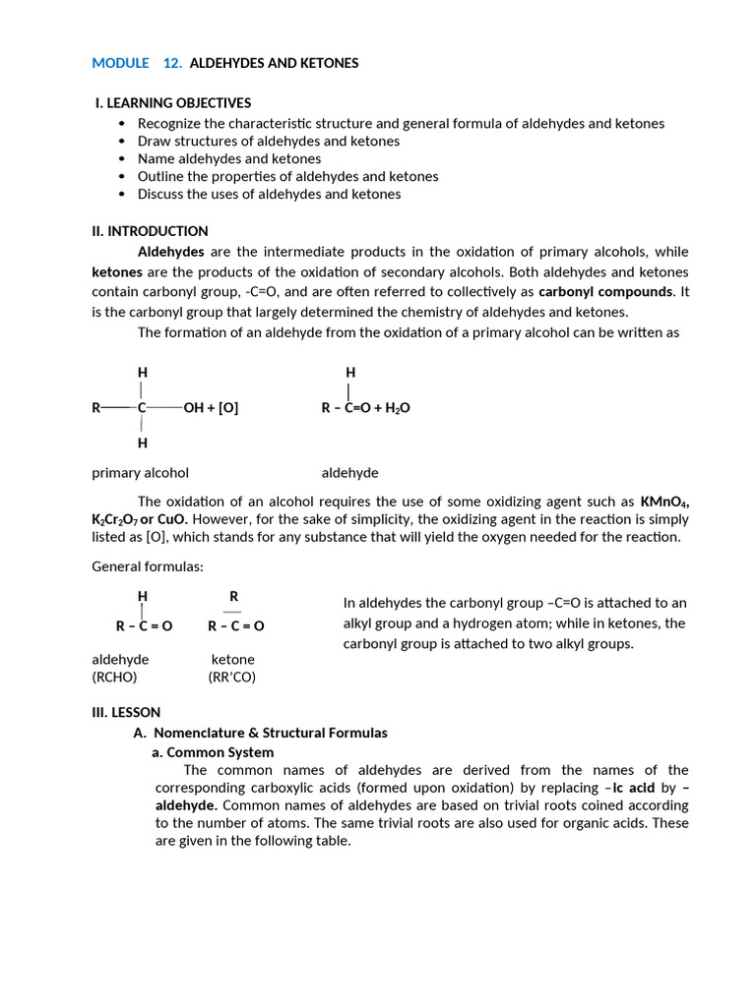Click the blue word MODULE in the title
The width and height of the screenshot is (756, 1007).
[120, 63]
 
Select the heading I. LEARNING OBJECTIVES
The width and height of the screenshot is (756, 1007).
[173, 102]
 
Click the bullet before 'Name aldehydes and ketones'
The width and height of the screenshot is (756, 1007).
[122, 159]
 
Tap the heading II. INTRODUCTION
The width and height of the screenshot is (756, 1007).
[150, 231]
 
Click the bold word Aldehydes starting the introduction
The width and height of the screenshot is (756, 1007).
[170, 252]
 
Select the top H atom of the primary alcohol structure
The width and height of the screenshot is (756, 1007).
[142, 373]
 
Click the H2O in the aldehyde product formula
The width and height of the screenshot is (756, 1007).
[398, 408]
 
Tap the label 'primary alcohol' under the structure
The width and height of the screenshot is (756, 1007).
[140, 473]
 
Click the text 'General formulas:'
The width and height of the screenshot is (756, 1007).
[148, 566]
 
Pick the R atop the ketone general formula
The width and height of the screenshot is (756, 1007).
[233, 597]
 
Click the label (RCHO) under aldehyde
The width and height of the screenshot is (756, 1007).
[114, 678]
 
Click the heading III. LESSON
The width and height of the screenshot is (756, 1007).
[126, 712]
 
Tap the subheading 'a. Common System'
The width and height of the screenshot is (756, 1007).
[212, 752]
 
